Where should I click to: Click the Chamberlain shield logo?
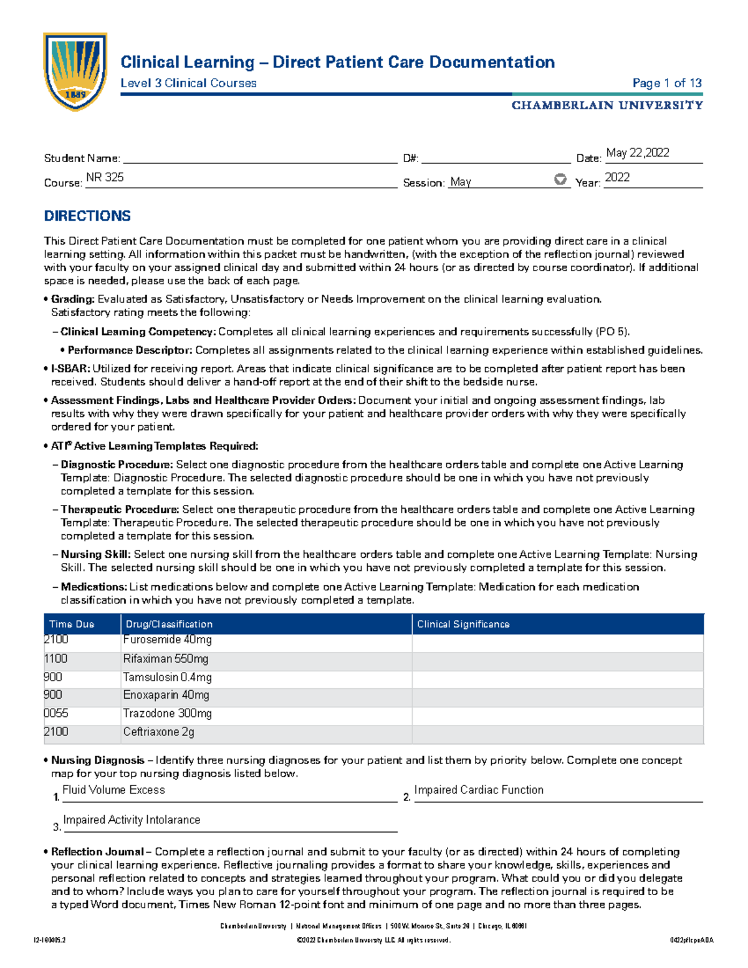(75, 71)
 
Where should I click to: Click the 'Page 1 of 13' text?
(666, 83)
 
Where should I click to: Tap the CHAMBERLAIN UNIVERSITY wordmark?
(607, 105)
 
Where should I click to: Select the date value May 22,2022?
(637, 153)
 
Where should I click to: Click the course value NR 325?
(105, 177)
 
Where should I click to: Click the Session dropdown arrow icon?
(560, 180)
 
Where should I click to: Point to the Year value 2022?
(617, 177)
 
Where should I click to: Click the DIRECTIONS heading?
(87, 216)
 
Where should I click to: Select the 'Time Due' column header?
(72, 624)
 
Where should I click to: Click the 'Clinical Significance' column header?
(463, 624)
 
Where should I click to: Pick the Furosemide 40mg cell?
(167, 640)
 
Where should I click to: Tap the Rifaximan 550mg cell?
(165, 659)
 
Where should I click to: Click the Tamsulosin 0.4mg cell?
(167, 677)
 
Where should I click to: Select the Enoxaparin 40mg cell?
(166, 694)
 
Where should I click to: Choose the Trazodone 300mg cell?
(167, 713)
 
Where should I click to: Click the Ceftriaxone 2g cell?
(158, 732)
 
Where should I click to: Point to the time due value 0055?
(56, 713)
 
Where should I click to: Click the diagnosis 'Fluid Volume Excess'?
(113, 790)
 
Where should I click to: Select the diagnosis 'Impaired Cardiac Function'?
(478, 790)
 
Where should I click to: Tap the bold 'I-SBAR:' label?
(70, 368)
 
